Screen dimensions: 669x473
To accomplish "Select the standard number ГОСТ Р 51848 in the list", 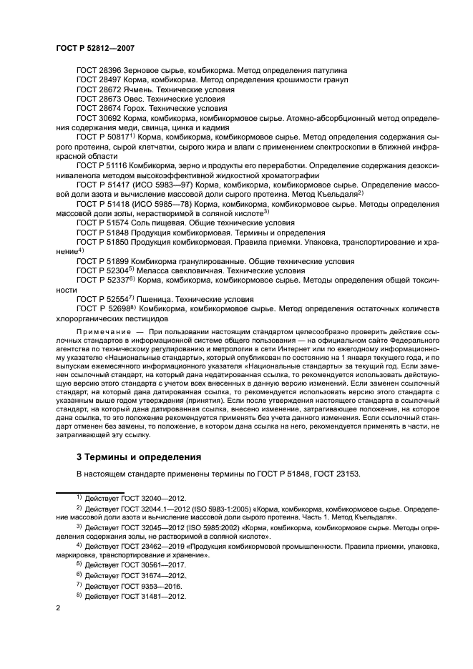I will click(x=102, y=233).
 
